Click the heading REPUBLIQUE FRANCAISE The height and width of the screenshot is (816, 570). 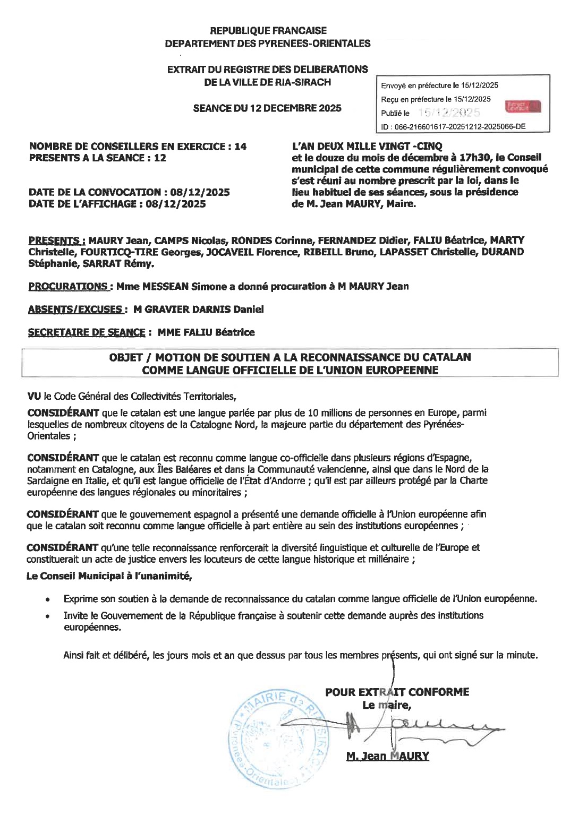[x=268, y=31]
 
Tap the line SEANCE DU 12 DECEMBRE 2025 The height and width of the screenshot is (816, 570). [x=267, y=108]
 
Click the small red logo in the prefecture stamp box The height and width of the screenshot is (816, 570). [x=523, y=106]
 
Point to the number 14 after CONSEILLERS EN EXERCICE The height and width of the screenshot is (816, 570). [x=240, y=147]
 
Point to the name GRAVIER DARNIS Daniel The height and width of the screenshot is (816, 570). [x=205, y=310]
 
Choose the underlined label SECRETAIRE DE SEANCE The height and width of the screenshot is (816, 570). [x=86, y=332]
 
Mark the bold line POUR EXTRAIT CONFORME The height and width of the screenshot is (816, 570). [x=397, y=692]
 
